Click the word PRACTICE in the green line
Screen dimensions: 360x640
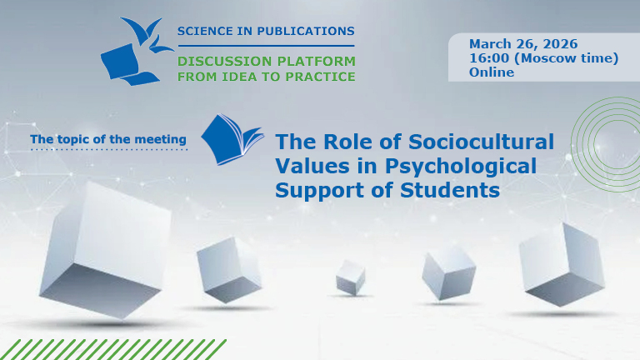321,77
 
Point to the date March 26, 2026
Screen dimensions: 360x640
523,43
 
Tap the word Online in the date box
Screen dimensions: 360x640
492,72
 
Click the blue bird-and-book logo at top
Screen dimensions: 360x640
133,52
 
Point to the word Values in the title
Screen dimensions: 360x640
309,165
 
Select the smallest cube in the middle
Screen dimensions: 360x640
351,276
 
